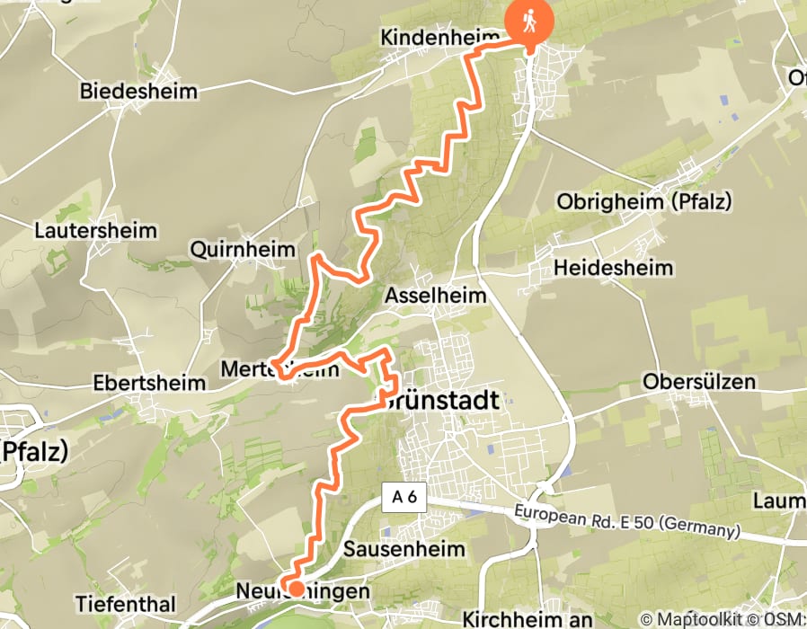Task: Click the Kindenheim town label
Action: pyautogui.click(x=439, y=38)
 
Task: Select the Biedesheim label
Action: pyautogui.click(x=138, y=91)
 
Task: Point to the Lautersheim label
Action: pyautogui.click(x=95, y=231)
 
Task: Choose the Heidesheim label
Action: pyautogui.click(x=613, y=268)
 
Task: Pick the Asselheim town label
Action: pyautogui.click(x=436, y=295)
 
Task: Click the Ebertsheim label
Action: pyautogui.click(x=149, y=383)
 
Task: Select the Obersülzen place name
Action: pyautogui.click(x=699, y=382)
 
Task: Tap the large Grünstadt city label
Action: pyautogui.click(x=440, y=402)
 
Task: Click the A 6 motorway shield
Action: pyautogui.click(x=402, y=499)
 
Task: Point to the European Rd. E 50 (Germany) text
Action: pyautogui.click(x=627, y=522)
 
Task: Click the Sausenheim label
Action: pyautogui.click(x=404, y=548)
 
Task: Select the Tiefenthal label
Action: pyautogui.click(x=128, y=603)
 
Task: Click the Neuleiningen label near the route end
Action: pyautogui.click(x=302, y=592)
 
